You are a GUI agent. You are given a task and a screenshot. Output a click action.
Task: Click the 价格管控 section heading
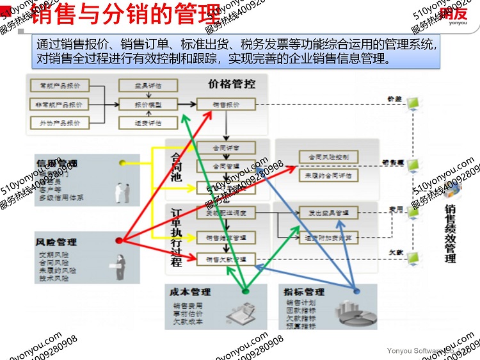(232, 84)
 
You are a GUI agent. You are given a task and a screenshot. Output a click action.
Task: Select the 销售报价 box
(225, 105)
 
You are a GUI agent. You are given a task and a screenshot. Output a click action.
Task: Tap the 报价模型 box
(148, 105)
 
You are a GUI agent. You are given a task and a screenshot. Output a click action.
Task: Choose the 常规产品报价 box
(60, 86)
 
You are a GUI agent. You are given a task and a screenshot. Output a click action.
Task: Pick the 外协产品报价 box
(60, 123)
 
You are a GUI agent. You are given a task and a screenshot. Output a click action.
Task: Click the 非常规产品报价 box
(60, 104)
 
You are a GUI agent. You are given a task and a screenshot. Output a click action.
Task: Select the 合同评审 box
(225, 147)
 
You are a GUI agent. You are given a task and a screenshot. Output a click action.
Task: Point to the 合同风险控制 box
(328, 157)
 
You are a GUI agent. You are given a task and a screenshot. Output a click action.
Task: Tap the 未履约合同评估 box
(328, 175)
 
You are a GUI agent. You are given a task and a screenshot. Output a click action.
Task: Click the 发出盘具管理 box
(328, 212)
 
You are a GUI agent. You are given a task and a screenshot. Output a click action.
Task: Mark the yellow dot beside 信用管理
(122, 163)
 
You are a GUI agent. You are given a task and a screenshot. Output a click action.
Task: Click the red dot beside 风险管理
(119, 241)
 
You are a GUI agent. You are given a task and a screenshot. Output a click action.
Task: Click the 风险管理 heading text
(56, 242)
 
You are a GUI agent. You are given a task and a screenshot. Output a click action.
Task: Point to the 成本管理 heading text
(190, 292)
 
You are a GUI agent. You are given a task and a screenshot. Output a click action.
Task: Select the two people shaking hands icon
(123, 191)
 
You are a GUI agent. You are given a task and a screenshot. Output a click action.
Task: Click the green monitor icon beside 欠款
(415, 259)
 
